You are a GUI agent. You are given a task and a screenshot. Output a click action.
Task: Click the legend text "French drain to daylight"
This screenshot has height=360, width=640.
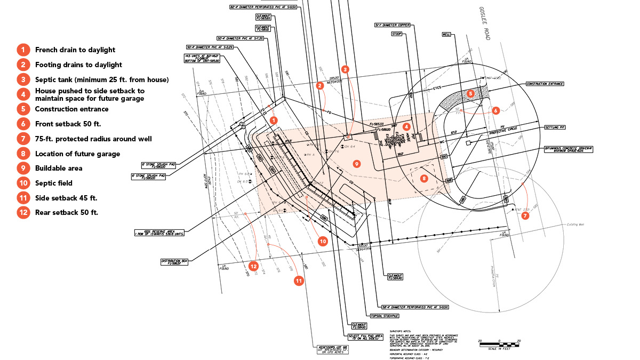[75, 50]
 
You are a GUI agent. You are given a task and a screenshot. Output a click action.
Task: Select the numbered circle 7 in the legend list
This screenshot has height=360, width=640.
[23, 139]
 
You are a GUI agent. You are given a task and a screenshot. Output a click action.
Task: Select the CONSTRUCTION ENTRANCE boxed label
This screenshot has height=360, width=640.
[545, 84]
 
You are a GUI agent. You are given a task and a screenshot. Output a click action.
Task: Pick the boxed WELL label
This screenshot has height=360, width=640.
[447, 34]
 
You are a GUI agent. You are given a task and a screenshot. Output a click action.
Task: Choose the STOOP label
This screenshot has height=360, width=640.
[396, 34]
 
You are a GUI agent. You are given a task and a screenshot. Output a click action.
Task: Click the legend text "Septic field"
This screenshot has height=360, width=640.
[53, 183]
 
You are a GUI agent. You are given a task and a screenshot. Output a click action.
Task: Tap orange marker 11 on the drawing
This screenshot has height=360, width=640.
[298, 280]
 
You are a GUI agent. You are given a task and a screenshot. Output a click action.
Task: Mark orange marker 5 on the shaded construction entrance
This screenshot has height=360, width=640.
[470, 93]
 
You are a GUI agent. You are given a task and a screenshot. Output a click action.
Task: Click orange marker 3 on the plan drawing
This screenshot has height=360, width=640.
[345, 69]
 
